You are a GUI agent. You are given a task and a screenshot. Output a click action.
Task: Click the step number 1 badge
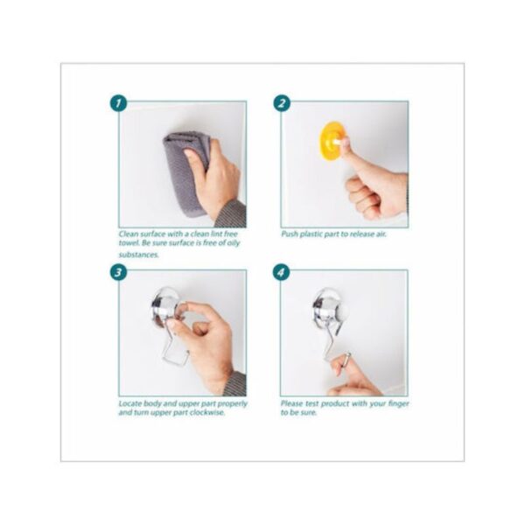118,103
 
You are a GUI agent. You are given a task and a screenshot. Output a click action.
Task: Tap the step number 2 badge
282,103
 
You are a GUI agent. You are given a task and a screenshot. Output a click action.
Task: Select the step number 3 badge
118,272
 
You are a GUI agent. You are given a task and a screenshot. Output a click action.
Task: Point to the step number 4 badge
281,272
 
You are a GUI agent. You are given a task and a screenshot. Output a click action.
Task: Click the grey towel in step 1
183,171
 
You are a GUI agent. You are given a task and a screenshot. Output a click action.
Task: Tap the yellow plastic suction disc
331,140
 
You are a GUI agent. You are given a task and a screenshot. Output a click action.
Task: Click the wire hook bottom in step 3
175,359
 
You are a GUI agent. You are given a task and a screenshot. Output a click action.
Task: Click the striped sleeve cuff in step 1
232,213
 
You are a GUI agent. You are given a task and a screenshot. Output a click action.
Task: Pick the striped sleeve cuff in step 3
235,384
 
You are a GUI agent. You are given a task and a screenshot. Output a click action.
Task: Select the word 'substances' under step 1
138,255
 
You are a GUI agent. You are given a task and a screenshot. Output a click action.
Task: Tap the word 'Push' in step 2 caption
290,234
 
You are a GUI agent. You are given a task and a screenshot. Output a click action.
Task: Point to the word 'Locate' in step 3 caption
130,403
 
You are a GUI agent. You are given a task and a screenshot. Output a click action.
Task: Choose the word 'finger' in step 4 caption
398,403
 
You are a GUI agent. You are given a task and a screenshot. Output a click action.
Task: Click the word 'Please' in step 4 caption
291,403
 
